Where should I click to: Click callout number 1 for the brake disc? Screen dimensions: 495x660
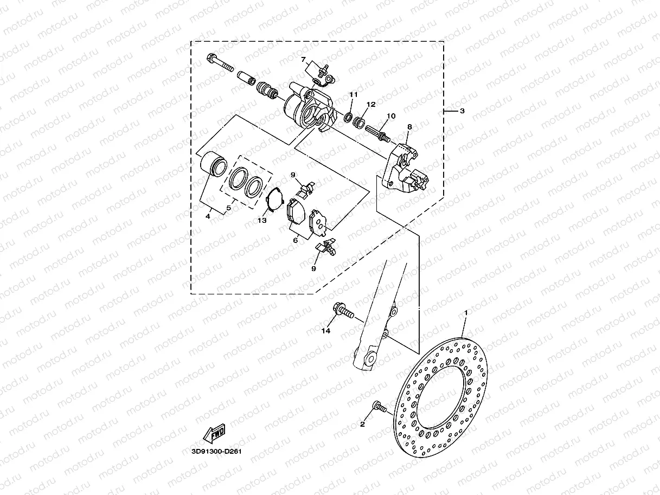click(x=465, y=313)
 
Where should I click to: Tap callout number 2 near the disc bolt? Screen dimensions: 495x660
click(x=362, y=425)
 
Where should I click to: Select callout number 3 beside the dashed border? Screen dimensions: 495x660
click(x=462, y=111)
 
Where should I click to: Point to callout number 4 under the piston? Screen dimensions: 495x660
click(x=208, y=216)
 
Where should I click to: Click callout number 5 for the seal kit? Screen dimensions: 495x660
click(x=229, y=208)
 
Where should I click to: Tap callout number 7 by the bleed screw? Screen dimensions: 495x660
click(x=304, y=59)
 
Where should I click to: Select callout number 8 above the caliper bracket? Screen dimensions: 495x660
click(x=409, y=127)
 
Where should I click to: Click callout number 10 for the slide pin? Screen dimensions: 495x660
click(x=391, y=116)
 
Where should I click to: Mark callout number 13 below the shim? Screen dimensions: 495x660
click(x=262, y=220)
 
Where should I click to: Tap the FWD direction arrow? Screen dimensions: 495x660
click(x=213, y=434)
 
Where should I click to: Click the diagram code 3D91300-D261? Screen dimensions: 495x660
click(x=216, y=451)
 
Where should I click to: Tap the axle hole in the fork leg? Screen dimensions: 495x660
click(x=371, y=358)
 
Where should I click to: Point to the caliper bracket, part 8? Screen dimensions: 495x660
click(x=401, y=168)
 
